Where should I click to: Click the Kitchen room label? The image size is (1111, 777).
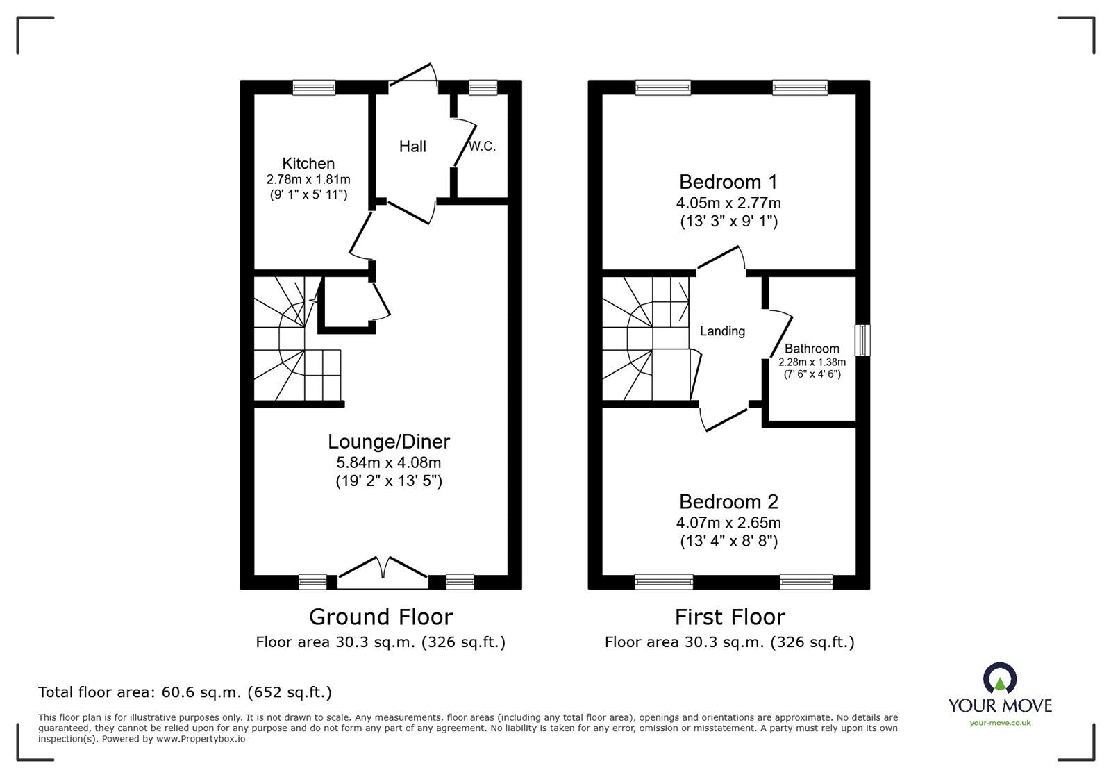(308, 163)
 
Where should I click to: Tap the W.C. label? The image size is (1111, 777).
(482, 147)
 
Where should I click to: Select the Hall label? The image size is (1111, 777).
(412, 147)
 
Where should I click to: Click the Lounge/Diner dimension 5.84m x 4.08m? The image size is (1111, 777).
(388, 462)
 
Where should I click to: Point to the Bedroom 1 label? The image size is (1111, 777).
(728, 182)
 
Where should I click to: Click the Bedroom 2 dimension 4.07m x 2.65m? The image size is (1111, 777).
(728, 523)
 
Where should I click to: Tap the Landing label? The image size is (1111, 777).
(722, 331)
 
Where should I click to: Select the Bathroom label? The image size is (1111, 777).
(812, 349)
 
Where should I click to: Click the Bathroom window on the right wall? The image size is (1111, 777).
(862, 340)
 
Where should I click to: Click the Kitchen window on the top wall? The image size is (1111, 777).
(314, 87)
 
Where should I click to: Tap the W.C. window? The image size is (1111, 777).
(483, 87)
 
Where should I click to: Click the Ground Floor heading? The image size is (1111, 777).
(381, 617)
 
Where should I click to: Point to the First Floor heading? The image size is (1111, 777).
(729, 617)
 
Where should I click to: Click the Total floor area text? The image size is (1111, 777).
(185, 692)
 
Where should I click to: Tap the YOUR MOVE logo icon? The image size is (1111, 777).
(1000, 678)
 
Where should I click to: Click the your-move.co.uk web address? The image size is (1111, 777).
(1000, 723)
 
